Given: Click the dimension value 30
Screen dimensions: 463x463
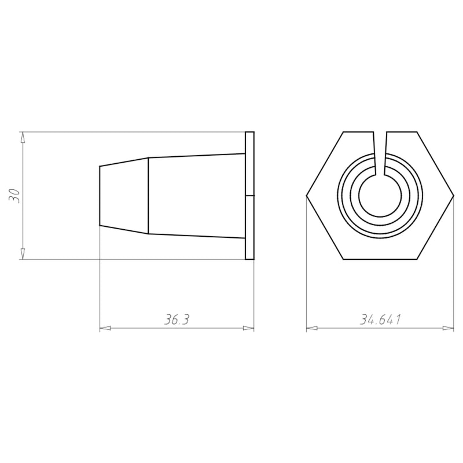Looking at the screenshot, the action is coord(14,196).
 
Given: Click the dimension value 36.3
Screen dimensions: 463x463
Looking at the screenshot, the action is coord(177,320).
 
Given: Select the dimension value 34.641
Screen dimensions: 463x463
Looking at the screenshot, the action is coord(380,320).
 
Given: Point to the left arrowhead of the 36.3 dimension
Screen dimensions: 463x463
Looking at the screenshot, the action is coord(105,328).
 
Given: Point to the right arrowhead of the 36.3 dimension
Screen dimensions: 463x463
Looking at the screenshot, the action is coord(248,328).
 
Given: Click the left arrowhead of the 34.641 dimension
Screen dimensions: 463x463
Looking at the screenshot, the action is coord(312,328).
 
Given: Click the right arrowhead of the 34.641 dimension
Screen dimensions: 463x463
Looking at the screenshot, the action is coord(448,328).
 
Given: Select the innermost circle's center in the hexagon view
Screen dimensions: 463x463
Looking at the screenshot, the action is coord(380,196).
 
